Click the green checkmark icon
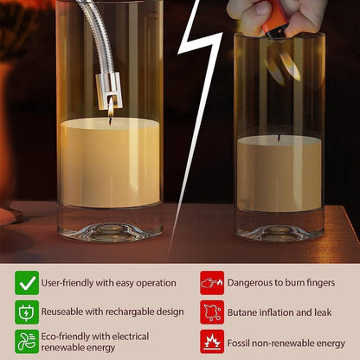tap(27, 283)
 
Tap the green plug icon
tap(27, 312)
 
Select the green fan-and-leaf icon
tap(27, 342)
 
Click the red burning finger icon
tap(212, 283)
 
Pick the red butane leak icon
tap(212, 312)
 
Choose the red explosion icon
tap(212, 342)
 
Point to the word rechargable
tap(130, 312)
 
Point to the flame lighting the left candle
tap(111, 107)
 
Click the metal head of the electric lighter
tap(108, 91)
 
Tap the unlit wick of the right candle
tap(279, 138)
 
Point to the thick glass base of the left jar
tap(110, 223)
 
